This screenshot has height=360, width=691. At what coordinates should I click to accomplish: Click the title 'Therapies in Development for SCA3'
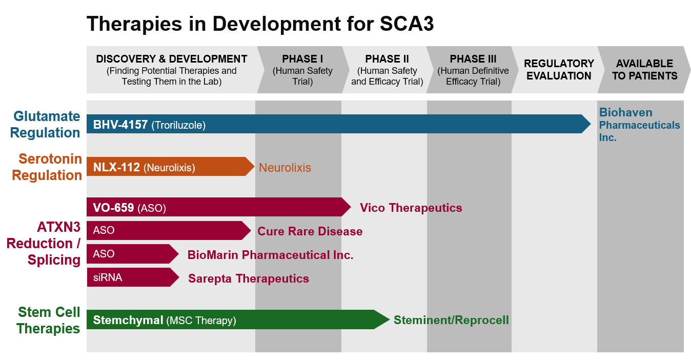click(x=260, y=24)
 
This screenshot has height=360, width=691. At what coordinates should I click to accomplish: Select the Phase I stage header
click(x=303, y=70)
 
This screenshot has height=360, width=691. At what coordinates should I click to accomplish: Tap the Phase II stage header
click(x=387, y=70)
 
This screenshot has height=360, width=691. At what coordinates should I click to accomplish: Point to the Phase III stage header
click(x=473, y=70)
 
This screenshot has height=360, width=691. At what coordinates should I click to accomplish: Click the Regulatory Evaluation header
click(x=559, y=70)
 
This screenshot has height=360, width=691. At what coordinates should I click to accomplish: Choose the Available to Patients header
click(x=644, y=70)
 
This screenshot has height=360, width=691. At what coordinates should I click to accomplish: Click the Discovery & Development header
click(x=172, y=70)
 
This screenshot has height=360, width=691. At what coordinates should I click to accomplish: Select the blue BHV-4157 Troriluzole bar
click(x=339, y=124)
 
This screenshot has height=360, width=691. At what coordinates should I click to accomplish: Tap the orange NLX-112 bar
click(x=171, y=167)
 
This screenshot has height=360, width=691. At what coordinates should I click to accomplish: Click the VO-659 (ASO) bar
click(x=219, y=207)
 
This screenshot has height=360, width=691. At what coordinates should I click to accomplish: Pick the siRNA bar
click(x=133, y=277)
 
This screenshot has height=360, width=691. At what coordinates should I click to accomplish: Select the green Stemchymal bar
click(x=238, y=319)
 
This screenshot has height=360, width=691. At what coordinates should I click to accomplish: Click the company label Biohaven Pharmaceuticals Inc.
click(x=640, y=125)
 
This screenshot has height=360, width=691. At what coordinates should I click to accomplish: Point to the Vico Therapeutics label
click(x=411, y=208)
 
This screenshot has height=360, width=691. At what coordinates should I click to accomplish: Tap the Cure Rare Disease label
click(x=310, y=231)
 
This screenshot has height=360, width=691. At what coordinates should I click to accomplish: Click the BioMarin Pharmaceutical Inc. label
click(x=271, y=255)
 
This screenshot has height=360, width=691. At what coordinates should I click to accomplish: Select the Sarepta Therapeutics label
click(x=249, y=278)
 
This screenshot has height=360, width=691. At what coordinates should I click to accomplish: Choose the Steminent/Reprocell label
click(x=451, y=320)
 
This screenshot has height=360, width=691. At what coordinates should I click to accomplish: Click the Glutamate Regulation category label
click(x=45, y=124)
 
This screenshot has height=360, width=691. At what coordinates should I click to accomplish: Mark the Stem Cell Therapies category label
click(x=48, y=320)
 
